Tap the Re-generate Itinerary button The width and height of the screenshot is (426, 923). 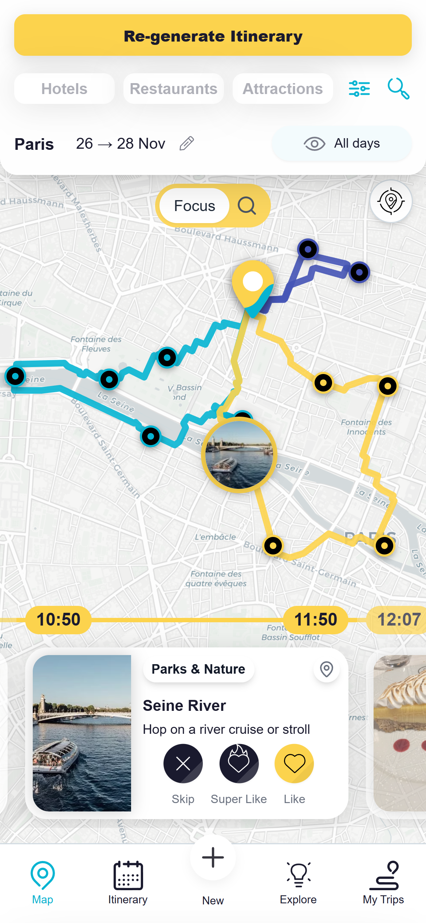tap(213, 35)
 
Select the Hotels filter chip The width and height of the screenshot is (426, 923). tap(64, 89)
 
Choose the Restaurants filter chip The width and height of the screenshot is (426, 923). tap(174, 89)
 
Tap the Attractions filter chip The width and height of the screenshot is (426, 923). tap(283, 89)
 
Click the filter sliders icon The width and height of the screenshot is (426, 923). tap(359, 89)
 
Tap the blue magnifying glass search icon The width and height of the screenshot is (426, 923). tap(398, 89)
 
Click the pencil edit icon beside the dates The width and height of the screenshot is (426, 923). tap(187, 144)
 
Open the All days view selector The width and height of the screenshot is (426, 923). tap(342, 144)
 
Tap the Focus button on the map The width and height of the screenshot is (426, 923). tap(195, 206)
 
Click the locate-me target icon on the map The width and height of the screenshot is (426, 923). tap(391, 202)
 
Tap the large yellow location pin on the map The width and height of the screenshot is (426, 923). tap(253, 283)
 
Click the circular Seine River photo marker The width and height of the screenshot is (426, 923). tap(239, 455)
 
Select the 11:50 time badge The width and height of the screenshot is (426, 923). tap(316, 620)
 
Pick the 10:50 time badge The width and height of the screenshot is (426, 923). tap(58, 620)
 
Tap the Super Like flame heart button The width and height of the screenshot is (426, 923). tap(239, 763)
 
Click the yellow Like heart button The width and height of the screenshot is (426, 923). tap(294, 763)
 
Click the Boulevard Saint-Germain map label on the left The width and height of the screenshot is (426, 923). tap(106, 448)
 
